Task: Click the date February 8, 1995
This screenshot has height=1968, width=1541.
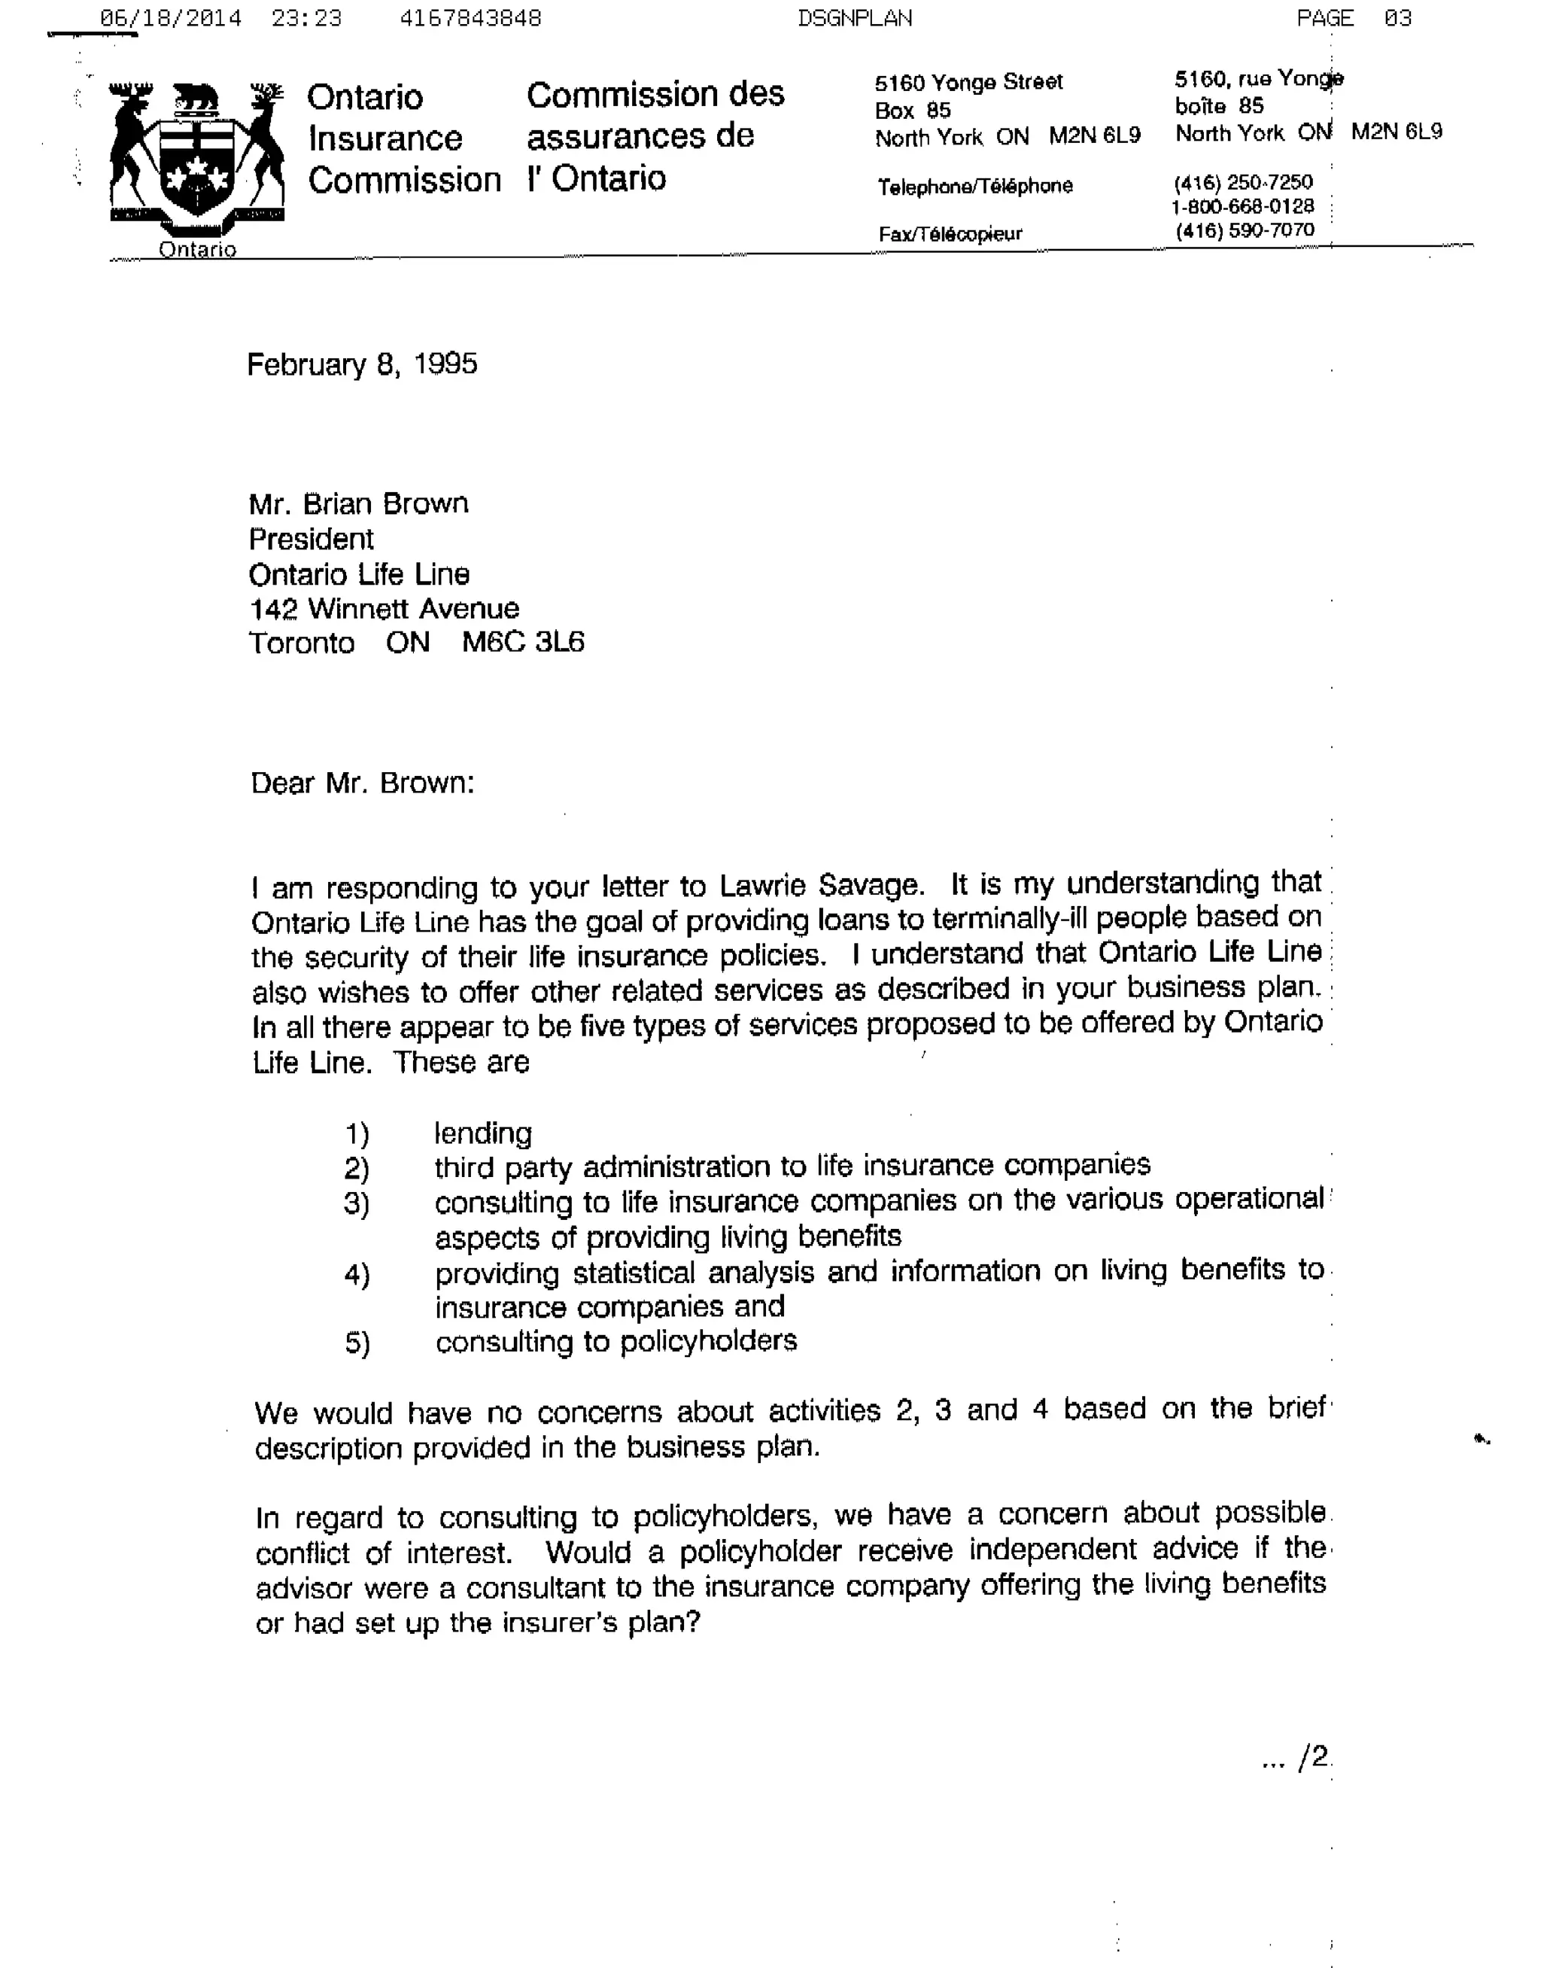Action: coord(362,364)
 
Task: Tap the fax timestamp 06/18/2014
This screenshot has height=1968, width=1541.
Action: coord(171,18)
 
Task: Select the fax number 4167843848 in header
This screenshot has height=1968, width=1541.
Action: coord(470,18)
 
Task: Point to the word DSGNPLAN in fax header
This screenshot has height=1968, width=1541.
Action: coord(855,18)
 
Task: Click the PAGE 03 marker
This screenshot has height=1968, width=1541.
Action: coord(1354,18)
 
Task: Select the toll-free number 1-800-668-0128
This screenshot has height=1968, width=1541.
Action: coord(1242,207)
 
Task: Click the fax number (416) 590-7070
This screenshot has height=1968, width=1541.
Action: coord(1245,231)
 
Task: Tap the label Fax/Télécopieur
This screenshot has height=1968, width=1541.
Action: coord(950,235)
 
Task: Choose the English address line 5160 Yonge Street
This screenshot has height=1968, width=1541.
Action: coord(968,83)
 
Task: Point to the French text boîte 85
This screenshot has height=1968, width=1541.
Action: coord(1218,106)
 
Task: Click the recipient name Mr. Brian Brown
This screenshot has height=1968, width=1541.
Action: coord(358,503)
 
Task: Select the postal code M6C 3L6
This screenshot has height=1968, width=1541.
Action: coord(523,643)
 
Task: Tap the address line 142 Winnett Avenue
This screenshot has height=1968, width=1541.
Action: coord(384,609)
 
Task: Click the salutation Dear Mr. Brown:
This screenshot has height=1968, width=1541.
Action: coord(362,783)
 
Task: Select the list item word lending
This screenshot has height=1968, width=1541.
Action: coord(482,1133)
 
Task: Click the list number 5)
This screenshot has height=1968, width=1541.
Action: coord(357,1343)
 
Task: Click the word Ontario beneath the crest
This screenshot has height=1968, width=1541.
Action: coord(198,250)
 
